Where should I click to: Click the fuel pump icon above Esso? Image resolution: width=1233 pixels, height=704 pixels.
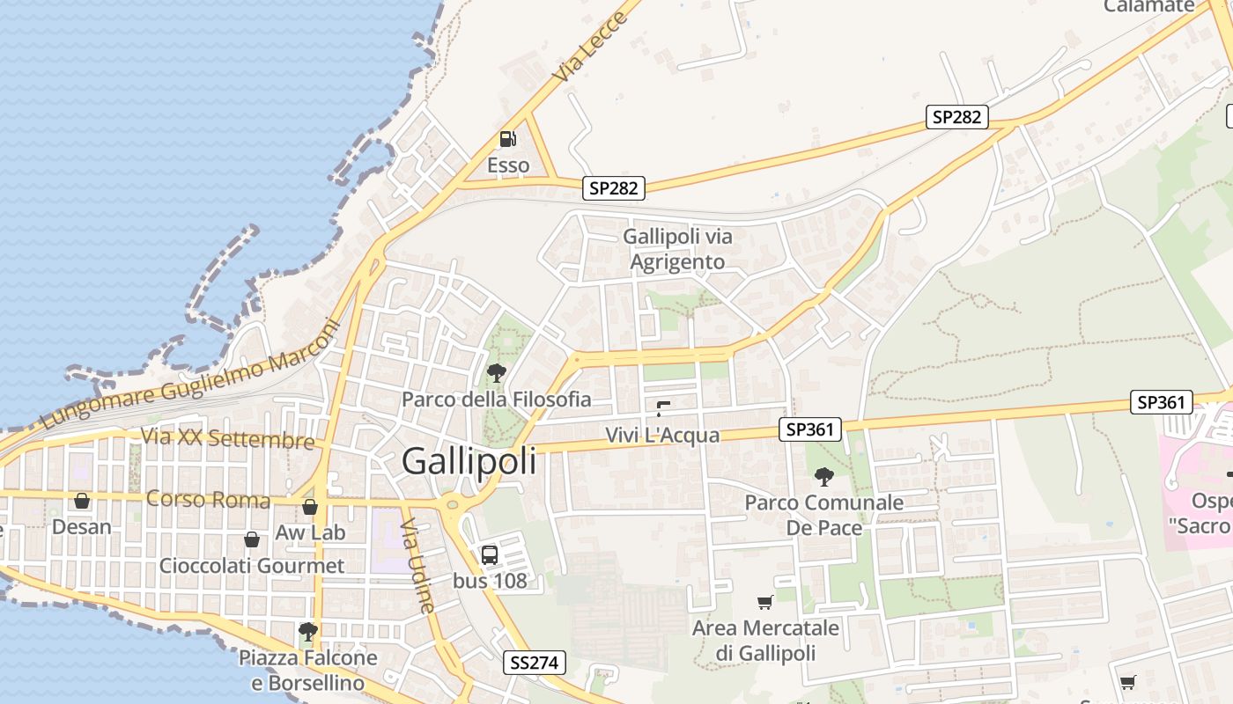(x=508, y=139)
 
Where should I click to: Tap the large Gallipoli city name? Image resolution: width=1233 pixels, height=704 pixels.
(x=469, y=461)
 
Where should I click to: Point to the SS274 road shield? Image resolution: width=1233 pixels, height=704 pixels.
(x=535, y=663)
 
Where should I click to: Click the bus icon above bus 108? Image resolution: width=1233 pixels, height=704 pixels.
(x=490, y=555)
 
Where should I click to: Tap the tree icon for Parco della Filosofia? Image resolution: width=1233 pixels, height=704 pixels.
(x=497, y=373)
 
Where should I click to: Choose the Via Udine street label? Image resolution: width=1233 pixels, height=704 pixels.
(x=417, y=564)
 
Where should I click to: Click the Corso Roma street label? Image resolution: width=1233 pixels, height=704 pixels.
(x=208, y=499)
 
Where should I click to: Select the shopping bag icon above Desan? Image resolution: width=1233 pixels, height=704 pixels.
(x=82, y=501)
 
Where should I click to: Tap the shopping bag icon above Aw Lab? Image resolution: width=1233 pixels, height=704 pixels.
(x=310, y=507)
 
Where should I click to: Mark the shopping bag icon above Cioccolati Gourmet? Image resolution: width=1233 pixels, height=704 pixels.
(x=252, y=539)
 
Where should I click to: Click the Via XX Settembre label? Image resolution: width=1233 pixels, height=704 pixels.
(x=228, y=438)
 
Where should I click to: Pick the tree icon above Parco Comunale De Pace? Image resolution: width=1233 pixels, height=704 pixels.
(x=824, y=477)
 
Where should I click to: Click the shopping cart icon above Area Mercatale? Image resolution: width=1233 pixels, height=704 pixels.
(x=765, y=603)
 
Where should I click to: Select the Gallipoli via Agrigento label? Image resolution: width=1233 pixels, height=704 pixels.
(x=677, y=249)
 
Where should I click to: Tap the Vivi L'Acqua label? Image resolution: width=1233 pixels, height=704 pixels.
(x=662, y=435)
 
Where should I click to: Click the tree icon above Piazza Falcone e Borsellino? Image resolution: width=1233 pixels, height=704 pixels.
(x=307, y=631)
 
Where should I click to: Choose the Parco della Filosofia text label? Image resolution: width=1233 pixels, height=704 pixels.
(x=497, y=400)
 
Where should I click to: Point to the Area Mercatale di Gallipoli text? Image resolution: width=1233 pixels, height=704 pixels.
(x=765, y=641)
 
